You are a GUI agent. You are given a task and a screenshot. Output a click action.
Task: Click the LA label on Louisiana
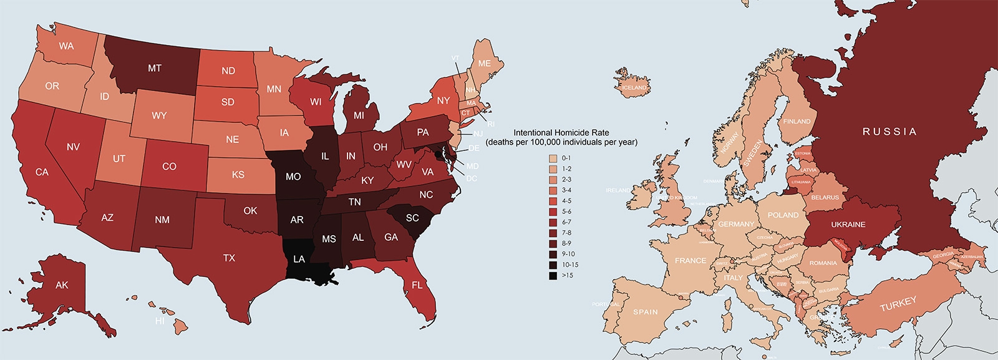pyautogui.click(x=299, y=259)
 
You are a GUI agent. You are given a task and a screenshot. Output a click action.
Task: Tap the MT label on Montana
pyautogui.click(x=155, y=69)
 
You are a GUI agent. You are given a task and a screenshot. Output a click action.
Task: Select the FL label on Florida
pyautogui.click(x=417, y=285)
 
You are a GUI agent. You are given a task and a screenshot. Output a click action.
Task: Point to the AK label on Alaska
pyautogui.click(x=62, y=285)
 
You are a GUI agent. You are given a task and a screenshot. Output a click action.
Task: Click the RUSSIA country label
pyautogui.click(x=889, y=132)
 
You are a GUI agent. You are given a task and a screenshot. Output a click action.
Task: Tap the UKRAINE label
pyautogui.click(x=848, y=225)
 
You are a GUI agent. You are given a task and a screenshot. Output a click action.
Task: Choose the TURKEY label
pyautogui.click(x=898, y=304)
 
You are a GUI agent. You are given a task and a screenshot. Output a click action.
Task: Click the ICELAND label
pyautogui.click(x=634, y=88)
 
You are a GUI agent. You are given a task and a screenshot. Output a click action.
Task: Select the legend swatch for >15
pyautogui.click(x=553, y=275)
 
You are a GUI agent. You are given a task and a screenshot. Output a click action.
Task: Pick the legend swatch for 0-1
pyautogui.click(x=553, y=158)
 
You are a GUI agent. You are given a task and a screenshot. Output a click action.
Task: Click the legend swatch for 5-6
pyautogui.click(x=553, y=212)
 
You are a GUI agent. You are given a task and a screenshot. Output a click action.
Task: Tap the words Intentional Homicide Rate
pyautogui.click(x=561, y=132)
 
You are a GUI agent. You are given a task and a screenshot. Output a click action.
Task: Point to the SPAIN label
pyautogui.click(x=645, y=312)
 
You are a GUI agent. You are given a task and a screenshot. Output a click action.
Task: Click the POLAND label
pyautogui.click(x=783, y=215)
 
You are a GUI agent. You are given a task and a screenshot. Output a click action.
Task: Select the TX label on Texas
pyautogui.click(x=229, y=258)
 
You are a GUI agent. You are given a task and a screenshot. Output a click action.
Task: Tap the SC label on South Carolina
pyautogui.click(x=412, y=218)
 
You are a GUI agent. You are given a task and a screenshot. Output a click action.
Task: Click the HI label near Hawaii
pyautogui.click(x=160, y=321)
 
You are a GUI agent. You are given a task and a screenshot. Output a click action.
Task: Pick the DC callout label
pyautogui.click(x=472, y=178)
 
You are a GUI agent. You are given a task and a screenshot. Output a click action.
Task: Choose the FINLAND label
pyautogui.click(x=797, y=122)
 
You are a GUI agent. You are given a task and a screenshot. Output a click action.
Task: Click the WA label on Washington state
pyautogui.click(x=66, y=46)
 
